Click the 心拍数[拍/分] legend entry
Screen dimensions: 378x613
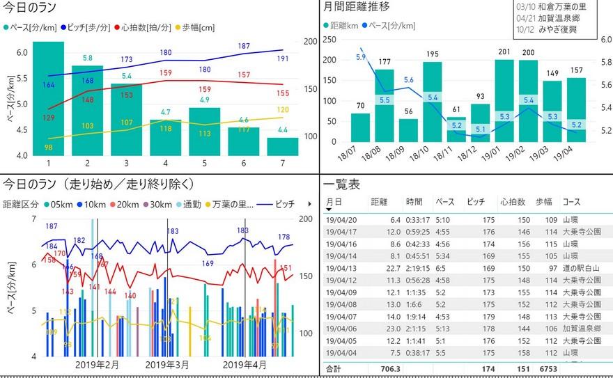[146, 28]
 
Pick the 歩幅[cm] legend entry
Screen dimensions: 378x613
[199, 28]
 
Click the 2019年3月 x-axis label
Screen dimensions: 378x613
[168, 365]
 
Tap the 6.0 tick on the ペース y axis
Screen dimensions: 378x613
[22, 53]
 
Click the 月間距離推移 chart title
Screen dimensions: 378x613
[357, 7]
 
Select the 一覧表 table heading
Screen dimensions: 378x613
[342, 184]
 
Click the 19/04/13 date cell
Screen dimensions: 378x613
[341, 268]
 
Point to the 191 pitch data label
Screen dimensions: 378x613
[284, 59]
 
